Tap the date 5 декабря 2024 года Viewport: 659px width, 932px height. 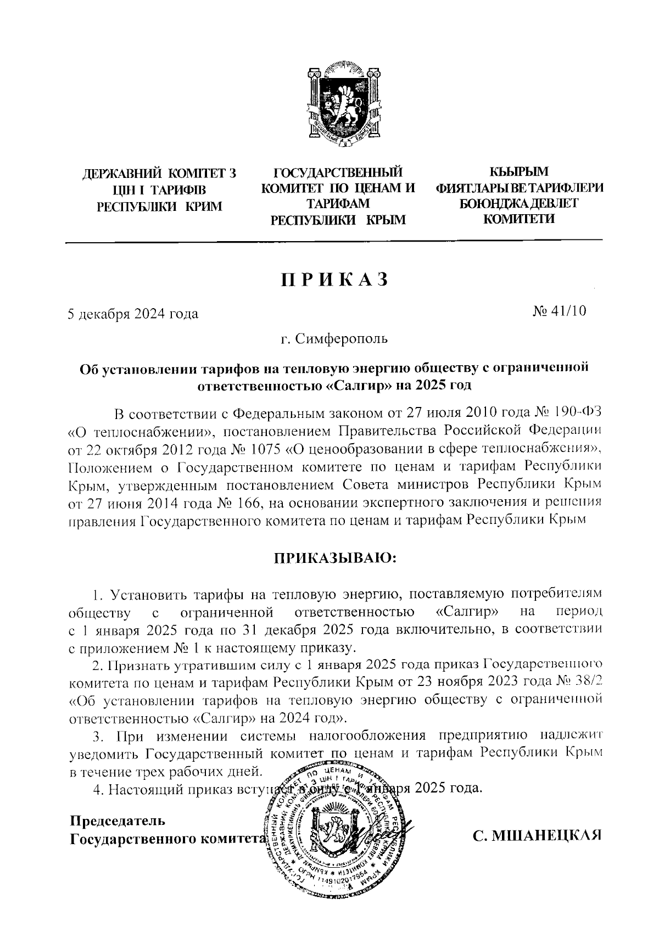132,314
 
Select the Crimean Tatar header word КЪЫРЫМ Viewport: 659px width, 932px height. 519,172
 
